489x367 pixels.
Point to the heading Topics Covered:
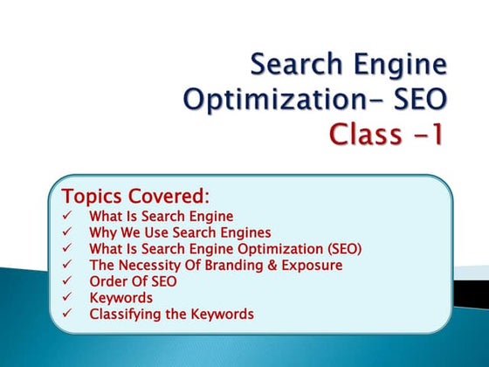136,195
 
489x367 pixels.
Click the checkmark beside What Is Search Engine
68,216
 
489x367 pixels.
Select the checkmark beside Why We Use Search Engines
68,232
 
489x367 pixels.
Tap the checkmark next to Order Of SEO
68,281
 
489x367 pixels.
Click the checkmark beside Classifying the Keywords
68,314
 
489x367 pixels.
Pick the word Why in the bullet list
102,232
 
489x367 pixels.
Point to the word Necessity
149,265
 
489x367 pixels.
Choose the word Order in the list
107,281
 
